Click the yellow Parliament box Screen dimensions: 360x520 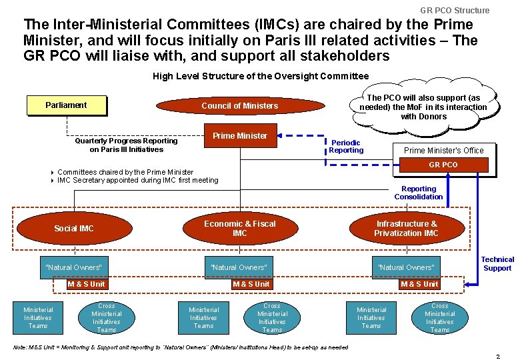pyautogui.click(x=66, y=105)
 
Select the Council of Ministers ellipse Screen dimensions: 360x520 pyautogui.click(x=239, y=106)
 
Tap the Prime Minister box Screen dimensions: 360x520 pyautogui.click(x=239, y=136)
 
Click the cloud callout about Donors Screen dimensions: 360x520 pyautogui.click(x=423, y=107)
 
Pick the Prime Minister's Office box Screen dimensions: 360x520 pyautogui.click(x=443, y=150)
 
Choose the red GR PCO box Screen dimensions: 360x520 pyautogui.click(x=443, y=165)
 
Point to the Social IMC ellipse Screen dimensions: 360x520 pyautogui.click(x=73, y=229)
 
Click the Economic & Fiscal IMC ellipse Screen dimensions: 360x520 pyautogui.click(x=239, y=229)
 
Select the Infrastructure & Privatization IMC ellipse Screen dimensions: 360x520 pyautogui.click(x=406, y=229)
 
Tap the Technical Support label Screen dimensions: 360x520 pyautogui.click(x=497, y=264)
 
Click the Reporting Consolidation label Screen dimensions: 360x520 pyautogui.click(x=418, y=193)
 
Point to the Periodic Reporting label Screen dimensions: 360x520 pyautogui.click(x=346, y=146)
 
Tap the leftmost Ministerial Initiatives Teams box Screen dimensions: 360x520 pyautogui.click(x=38, y=318)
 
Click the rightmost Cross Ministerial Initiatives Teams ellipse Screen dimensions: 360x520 pyautogui.click(x=439, y=318)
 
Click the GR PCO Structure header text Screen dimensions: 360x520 pyautogui.click(x=455, y=10)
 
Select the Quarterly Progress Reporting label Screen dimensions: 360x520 pyautogui.click(x=126, y=145)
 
